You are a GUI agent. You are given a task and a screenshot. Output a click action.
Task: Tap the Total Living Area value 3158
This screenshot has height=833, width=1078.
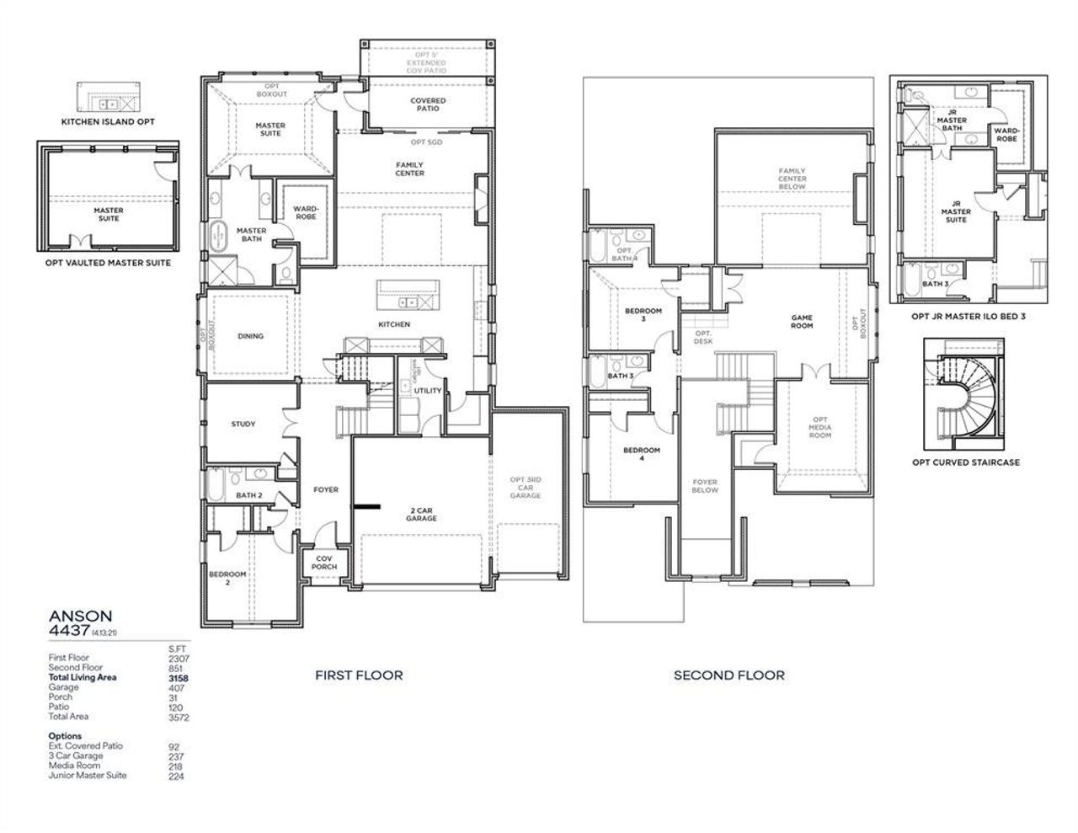[177, 677]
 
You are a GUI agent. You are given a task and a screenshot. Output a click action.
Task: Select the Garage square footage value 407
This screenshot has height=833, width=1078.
[176, 687]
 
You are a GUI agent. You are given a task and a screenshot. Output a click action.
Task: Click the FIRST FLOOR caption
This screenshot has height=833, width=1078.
[359, 675]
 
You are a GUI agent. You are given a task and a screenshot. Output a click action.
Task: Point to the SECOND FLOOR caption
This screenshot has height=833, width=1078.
[728, 675]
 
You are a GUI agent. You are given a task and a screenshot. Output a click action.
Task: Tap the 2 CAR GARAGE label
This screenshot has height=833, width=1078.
[423, 514]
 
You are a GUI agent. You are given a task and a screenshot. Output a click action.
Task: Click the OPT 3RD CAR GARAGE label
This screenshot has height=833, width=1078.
[526, 488]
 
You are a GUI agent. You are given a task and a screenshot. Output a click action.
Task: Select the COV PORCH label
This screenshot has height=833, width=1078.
[326, 563]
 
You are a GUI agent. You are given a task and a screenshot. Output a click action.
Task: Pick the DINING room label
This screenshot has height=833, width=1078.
[250, 336]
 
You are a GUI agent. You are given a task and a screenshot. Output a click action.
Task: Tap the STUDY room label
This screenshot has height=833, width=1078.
[243, 425]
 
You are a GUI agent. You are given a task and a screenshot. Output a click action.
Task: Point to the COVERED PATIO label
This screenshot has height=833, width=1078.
[428, 104]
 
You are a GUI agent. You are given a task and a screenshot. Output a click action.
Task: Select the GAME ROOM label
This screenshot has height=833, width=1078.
[802, 322]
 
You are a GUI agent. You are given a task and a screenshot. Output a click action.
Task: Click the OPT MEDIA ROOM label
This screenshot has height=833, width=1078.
[820, 427]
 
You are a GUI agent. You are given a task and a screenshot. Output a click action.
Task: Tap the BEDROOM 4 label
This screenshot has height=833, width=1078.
[641, 454]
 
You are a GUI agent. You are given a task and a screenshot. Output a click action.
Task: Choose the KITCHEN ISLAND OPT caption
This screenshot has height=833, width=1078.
[108, 122]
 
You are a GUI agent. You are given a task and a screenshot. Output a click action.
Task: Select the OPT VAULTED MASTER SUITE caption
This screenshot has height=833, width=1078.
[108, 263]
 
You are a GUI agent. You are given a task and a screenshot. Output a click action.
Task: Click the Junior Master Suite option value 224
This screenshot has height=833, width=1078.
[176, 776]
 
